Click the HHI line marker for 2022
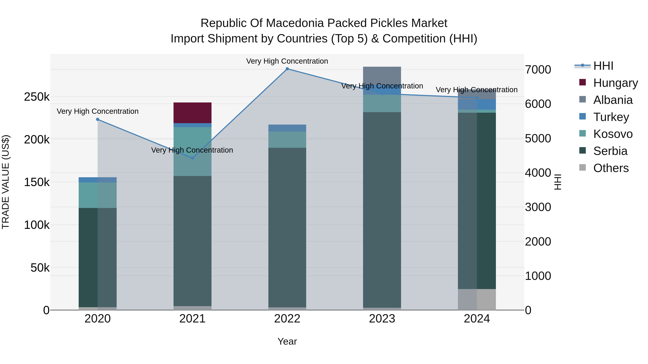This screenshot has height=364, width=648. [287, 69]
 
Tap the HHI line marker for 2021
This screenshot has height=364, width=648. [192, 158]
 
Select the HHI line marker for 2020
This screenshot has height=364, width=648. [98, 119]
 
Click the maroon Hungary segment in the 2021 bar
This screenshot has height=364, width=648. [192, 113]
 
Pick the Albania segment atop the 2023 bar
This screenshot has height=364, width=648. [382, 75]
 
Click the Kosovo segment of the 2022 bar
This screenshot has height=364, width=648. [287, 140]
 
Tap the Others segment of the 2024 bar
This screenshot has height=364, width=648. [477, 299]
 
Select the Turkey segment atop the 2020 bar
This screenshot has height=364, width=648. [98, 180]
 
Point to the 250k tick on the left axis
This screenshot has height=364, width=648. [37, 97]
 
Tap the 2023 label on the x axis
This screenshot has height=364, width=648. [382, 319]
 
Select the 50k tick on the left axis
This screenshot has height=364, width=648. [40, 268]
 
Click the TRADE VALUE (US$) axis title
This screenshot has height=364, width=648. [6, 182]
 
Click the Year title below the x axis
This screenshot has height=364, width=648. [287, 341]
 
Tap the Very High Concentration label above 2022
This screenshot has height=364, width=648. [287, 61]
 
